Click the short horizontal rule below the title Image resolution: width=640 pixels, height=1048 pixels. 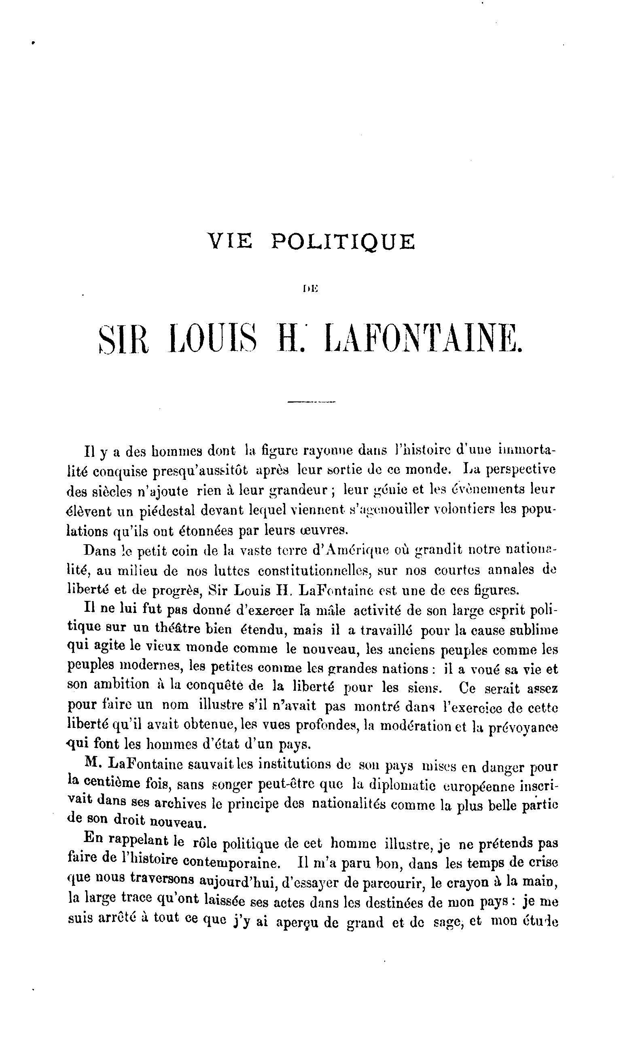point(312,401)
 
